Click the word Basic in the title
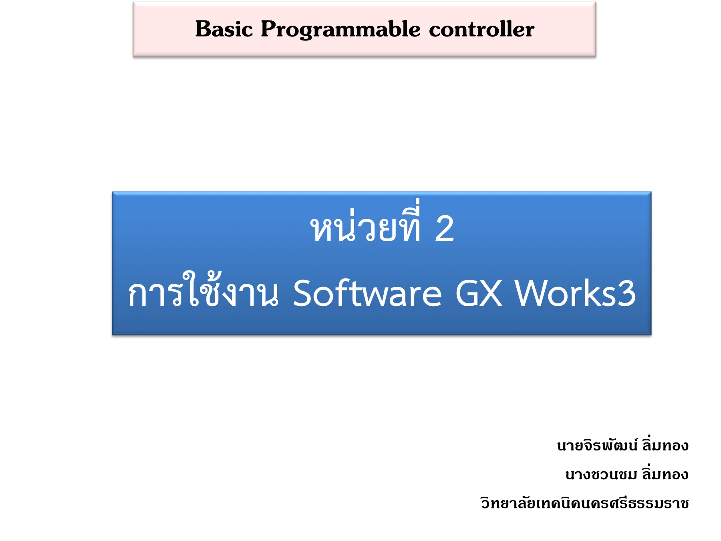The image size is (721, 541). click(x=224, y=29)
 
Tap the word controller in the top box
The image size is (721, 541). click(x=481, y=29)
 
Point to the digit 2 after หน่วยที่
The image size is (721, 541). click(x=444, y=228)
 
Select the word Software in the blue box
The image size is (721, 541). click(x=367, y=293)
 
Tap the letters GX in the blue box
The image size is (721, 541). click(x=479, y=293)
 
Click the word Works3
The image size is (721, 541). click(x=575, y=293)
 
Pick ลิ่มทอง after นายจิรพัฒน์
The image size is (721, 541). click(x=665, y=445)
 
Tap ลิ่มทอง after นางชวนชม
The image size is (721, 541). click(x=665, y=474)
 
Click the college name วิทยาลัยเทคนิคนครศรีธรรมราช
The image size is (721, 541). click(x=585, y=503)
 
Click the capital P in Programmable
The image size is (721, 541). click(x=268, y=29)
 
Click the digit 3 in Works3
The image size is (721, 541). click(x=626, y=293)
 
